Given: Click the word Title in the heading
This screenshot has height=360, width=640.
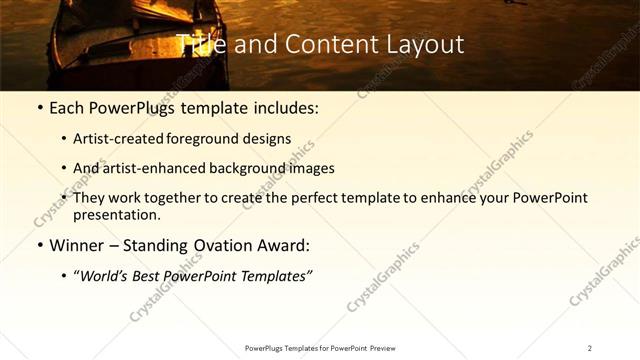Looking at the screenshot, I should click(x=200, y=45).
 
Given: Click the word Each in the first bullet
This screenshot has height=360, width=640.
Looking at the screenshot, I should click(x=69, y=108).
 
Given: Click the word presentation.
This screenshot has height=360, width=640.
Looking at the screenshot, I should click(x=117, y=214).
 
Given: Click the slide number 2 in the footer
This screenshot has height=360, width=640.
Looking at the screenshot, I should click(x=590, y=348).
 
